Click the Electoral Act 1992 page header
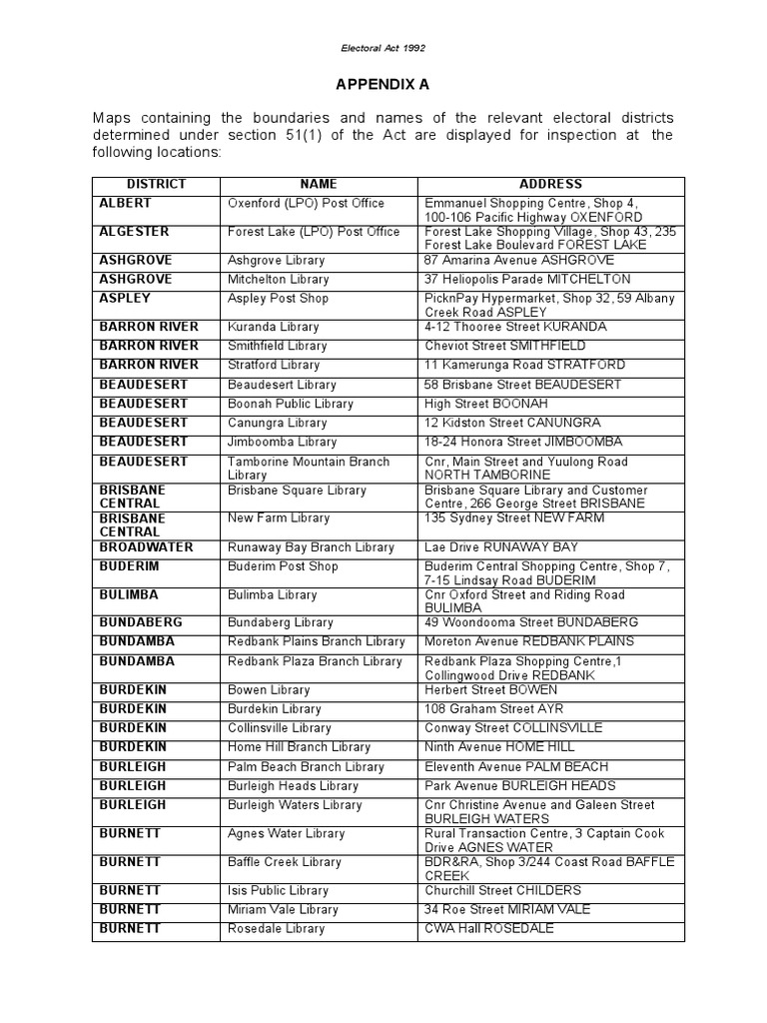(383, 47)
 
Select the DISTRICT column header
(156, 185)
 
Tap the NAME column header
(319, 185)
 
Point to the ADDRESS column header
(550, 185)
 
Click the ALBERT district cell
(126, 203)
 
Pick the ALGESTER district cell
(135, 232)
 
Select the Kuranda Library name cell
(274, 327)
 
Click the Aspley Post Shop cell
(278, 299)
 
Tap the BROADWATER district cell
(146, 547)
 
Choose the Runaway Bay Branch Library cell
(311, 547)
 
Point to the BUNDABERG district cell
(141, 622)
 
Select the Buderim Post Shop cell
(283, 566)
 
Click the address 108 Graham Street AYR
(486, 709)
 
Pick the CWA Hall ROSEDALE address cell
(488, 929)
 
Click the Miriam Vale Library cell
(282, 910)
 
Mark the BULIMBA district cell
(131, 594)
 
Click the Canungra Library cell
(278, 423)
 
